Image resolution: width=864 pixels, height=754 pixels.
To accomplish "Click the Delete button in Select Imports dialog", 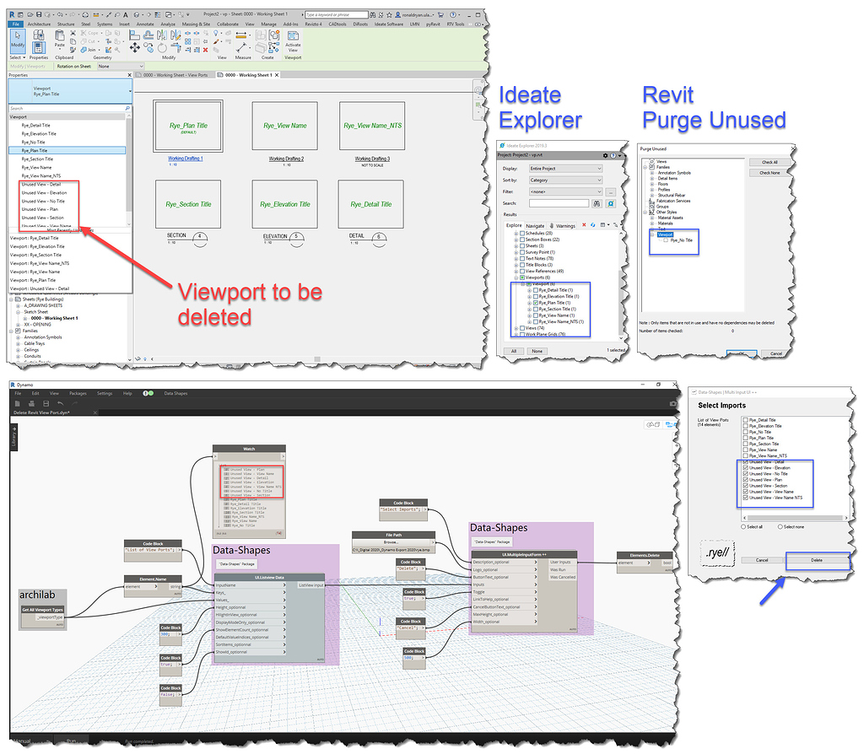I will [x=816, y=559].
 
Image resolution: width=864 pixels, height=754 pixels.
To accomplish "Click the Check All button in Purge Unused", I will [x=769, y=162].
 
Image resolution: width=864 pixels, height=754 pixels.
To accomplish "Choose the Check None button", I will [x=769, y=172].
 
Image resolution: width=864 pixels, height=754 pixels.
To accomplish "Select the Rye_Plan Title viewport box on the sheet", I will [x=186, y=127].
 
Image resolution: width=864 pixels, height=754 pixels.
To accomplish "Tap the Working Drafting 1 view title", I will [x=186, y=159].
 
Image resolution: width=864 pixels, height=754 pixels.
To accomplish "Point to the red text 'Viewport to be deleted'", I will [x=249, y=304].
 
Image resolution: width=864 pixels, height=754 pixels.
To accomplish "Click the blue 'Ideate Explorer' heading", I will [x=540, y=107].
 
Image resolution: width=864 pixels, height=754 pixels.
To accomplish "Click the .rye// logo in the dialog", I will [x=720, y=555].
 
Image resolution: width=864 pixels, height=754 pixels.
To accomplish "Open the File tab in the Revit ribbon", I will [x=16, y=24].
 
